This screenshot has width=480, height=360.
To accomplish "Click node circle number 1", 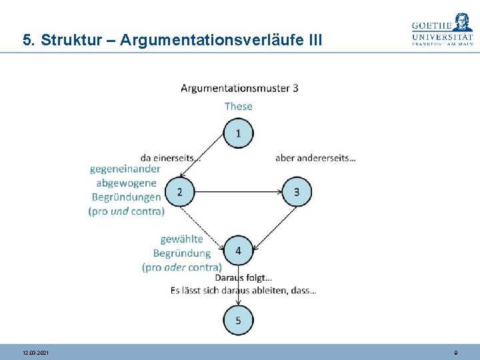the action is point(239,134).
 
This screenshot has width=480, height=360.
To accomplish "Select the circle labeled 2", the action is point(179,193).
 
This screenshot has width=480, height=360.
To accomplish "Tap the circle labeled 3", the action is point(297,193).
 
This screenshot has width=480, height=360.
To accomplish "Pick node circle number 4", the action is point(239,251).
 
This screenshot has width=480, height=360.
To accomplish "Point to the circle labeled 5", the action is point(239,321).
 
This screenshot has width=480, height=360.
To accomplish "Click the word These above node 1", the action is point(239,106).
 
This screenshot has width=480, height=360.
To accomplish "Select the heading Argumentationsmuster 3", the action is point(239,88).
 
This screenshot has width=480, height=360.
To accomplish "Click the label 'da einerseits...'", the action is point(171,158).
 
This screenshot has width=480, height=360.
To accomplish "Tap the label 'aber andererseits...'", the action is point(315,158).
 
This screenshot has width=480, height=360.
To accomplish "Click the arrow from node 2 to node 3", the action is point(238,193).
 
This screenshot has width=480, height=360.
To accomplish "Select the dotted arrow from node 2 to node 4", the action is point(204,221).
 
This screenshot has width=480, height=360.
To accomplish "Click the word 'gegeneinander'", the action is point(125,169).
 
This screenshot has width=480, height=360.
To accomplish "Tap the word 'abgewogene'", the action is point(127,183).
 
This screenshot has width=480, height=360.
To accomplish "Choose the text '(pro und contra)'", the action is point(126,211).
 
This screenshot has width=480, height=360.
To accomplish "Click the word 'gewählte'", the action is point(181,239).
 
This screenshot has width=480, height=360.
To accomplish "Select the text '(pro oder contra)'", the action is point(181,267).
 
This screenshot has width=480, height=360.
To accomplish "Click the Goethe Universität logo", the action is point(442,30).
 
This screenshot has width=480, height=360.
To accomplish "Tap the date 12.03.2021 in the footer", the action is point(35,352).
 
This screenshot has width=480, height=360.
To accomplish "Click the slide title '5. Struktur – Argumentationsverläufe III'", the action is point(172,40).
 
